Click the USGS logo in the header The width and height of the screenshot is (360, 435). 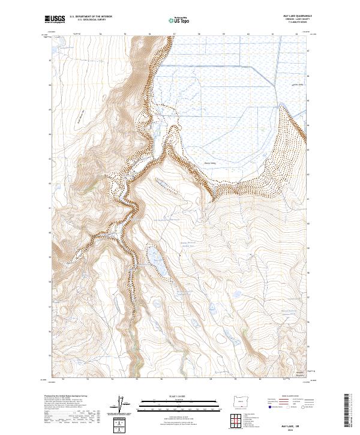pos(55,19)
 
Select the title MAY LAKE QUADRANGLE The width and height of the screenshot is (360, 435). pos(298,15)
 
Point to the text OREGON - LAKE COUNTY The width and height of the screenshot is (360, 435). pos(298,19)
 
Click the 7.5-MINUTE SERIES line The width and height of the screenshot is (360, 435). pos(298,22)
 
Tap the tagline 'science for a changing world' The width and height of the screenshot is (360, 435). pos(53,23)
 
